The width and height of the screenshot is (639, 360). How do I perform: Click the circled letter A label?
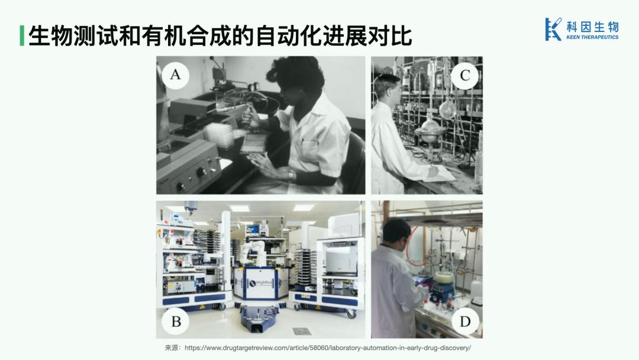point(175,75)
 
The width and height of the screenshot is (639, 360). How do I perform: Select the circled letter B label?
point(176,322)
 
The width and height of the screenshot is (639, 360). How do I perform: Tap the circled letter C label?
point(465,75)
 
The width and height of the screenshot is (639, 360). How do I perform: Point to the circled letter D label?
point(465,322)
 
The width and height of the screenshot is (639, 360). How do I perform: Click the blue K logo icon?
point(553,29)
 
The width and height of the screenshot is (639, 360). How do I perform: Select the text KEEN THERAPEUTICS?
point(592,37)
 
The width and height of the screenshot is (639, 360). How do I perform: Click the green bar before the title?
point(22,36)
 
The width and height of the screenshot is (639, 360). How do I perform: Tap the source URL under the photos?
point(328,348)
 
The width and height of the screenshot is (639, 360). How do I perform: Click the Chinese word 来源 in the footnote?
point(172,348)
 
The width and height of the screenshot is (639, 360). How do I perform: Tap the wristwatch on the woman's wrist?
point(291,175)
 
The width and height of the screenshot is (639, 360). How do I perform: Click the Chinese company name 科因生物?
point(592,27)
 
